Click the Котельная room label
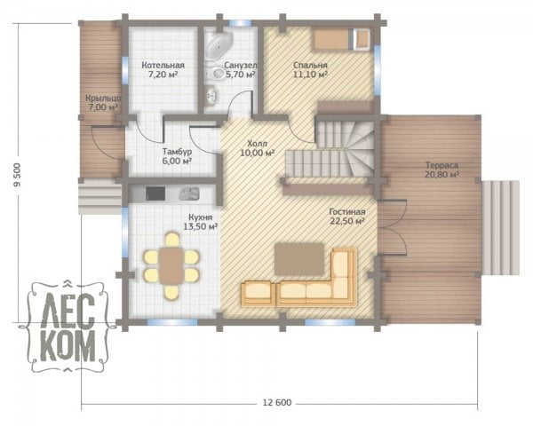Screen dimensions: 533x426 coord(163,69)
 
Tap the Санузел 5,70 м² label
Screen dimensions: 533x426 coord(241,69)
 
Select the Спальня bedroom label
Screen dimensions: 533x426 coord(310,69)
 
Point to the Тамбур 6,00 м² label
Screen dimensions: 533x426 coord(177,156)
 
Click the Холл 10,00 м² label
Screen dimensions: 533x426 coord(258,148)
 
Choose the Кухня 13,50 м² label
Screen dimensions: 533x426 coord(201,222)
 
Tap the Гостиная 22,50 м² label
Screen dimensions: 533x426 coord(347,217)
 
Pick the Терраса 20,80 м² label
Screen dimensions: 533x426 coord(442,170)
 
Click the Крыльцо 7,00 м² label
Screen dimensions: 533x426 coord(103,103)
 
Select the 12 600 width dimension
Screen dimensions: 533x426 coord(277,403)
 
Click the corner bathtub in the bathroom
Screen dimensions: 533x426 coord(219,43)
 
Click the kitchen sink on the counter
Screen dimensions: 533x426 coord(188,193)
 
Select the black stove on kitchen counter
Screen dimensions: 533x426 coord(155,193)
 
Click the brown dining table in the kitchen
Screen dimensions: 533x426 coord(171,265)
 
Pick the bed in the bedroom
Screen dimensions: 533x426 coord(341,40)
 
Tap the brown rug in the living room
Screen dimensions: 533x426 coord(299,259)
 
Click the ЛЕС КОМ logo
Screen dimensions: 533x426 coord(68,326)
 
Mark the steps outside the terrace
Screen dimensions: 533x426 coord(501,227)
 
